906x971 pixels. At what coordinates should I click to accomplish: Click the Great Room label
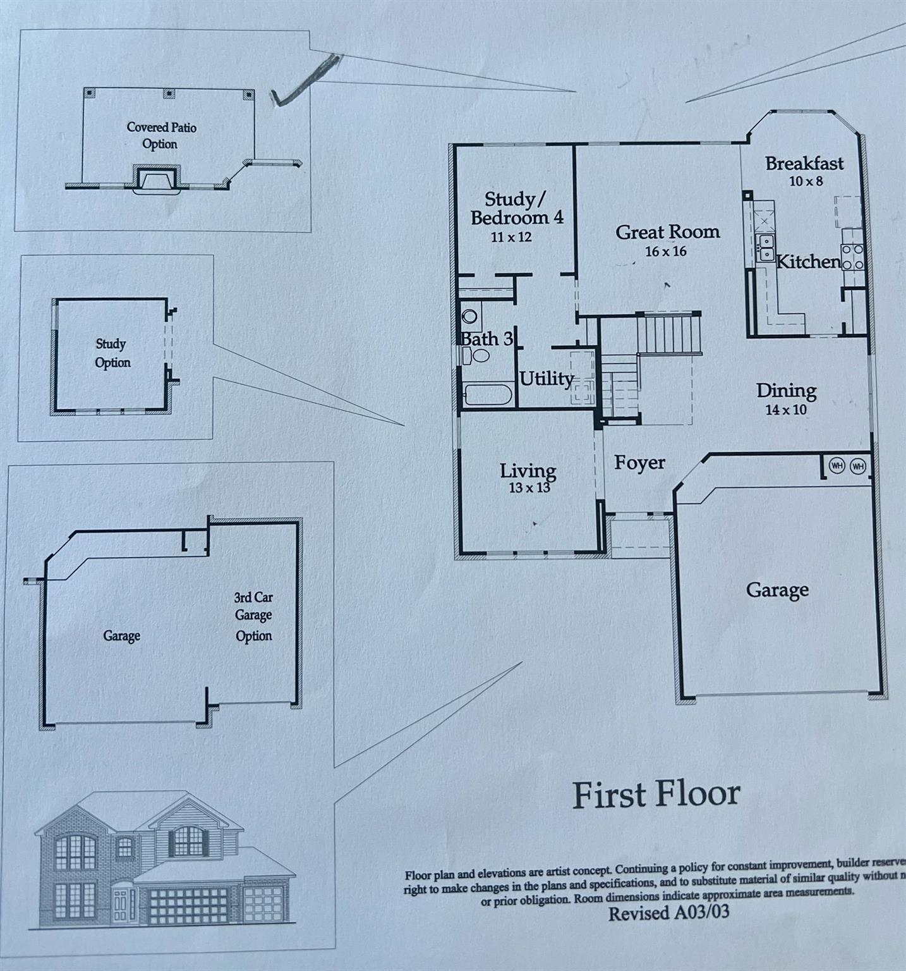tap(668, 232)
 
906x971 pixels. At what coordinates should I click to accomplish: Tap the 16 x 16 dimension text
tap(665, 252)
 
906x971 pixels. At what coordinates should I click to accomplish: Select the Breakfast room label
tap(804, 164)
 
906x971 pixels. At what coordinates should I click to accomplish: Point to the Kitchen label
tap(808, 262)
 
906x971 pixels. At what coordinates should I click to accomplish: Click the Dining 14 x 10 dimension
tap(786, 410)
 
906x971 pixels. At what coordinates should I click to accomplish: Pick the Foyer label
tap(639, 463)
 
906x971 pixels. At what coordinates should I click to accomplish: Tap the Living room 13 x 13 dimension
tap(529, 488)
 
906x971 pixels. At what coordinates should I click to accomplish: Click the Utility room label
tap(547, 379)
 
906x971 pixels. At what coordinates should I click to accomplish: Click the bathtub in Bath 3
tap(487, 396)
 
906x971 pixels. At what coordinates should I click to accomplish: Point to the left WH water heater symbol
tap(837, 467)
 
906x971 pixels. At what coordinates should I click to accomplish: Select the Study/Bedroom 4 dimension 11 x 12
tap(511, 238)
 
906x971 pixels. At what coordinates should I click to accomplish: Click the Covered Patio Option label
tap(161, 135)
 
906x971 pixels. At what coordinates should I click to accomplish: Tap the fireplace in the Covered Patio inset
tap(155, 180)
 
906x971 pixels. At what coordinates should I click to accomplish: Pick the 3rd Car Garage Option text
tap(253, 616)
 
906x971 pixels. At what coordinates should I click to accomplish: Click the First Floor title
tap(656, 795)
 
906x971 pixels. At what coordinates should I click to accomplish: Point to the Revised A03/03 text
tap(668, 913)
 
